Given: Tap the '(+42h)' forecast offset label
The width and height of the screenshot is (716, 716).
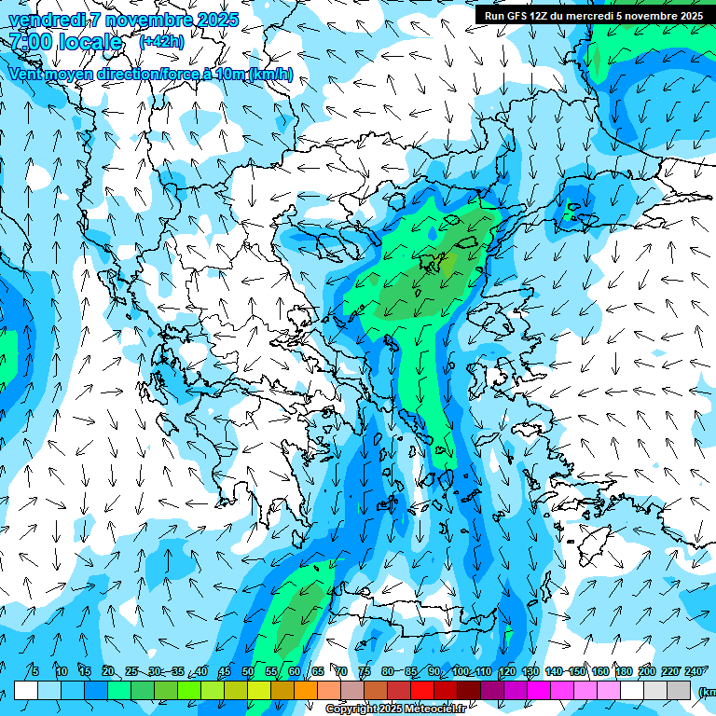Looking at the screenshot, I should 160,42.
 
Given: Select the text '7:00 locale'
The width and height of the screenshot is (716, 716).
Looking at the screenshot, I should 65,42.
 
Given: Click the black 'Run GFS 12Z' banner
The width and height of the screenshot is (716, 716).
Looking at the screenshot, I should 594,15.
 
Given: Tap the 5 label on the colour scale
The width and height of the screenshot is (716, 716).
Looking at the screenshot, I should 35,671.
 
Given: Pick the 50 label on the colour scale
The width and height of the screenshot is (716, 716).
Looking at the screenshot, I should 248,671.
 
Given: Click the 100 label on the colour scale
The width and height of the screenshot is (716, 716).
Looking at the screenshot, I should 460,671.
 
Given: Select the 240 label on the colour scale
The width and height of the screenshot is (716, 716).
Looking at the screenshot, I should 695,671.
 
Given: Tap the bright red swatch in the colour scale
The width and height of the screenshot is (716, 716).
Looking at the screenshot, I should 422,690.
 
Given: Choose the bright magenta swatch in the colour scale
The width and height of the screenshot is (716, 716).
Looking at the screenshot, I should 539,690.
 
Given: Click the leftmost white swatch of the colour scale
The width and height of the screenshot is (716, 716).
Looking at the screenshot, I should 26,690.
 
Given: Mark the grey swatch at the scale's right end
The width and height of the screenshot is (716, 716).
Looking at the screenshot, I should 679,690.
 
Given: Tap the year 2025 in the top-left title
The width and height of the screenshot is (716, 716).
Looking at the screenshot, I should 214,20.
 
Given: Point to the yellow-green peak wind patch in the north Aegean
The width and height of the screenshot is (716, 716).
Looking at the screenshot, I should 448,267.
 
